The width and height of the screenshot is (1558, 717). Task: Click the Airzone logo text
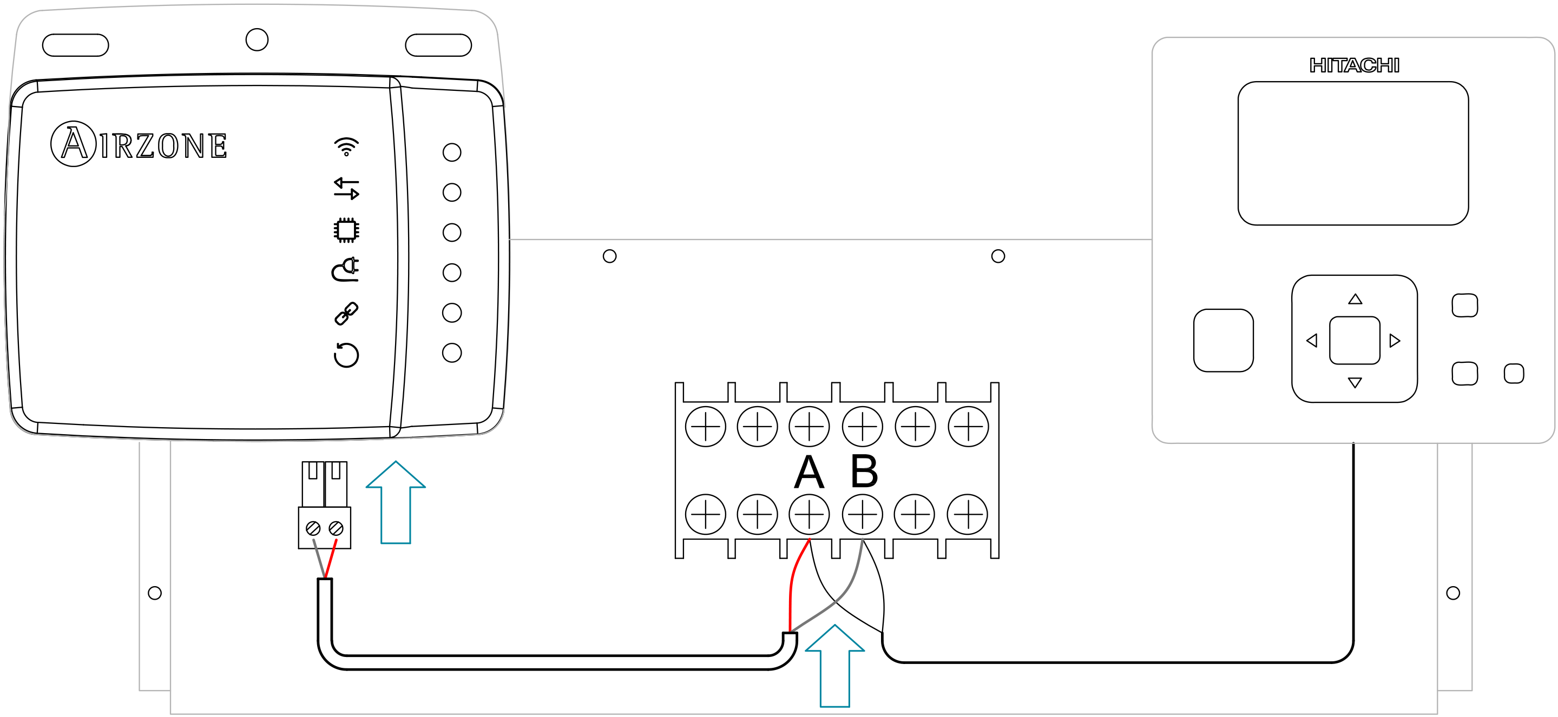139,144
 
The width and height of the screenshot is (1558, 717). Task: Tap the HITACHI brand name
1353,65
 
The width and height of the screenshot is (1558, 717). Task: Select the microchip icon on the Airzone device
346,230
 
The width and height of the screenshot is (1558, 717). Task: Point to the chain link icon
346,313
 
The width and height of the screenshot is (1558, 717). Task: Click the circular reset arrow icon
346,355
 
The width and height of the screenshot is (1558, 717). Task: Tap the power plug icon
346,270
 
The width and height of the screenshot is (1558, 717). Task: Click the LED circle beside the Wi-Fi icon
451,152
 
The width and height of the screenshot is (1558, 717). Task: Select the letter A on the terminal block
808,472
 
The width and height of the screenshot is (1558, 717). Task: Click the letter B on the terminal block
864,472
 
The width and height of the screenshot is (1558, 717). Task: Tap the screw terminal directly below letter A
808,514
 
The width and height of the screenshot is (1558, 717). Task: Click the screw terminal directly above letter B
862,426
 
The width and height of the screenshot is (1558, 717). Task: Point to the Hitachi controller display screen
1353,154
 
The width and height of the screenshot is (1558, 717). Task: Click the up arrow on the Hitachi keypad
1355,299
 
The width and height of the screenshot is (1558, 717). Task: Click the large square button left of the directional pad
1223,340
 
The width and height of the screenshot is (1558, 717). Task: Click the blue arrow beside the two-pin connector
396,502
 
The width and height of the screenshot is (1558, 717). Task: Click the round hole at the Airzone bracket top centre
257,40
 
